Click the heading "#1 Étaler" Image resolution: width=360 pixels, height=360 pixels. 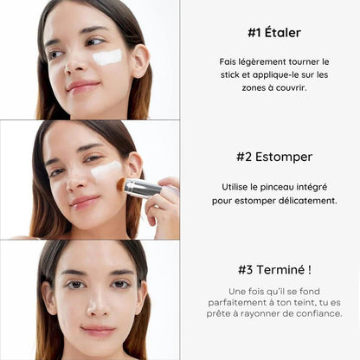(273, 33)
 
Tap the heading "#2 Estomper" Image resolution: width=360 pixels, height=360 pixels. (273, 157)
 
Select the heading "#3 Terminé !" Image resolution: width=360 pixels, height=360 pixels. (274, 268)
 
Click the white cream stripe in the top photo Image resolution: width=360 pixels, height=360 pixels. (106, 57)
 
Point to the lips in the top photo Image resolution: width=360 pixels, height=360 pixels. (84, 86)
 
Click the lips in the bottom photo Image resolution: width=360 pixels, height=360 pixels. (96, 330)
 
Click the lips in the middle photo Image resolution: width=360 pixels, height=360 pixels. (85, 202)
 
